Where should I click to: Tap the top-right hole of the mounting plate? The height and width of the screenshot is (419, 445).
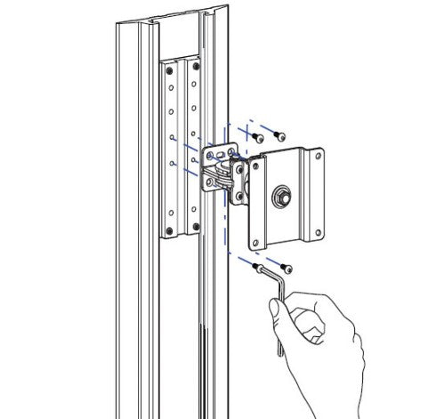315,158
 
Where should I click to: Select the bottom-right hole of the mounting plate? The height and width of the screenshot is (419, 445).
315,236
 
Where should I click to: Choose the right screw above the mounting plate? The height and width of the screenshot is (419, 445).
280,137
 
